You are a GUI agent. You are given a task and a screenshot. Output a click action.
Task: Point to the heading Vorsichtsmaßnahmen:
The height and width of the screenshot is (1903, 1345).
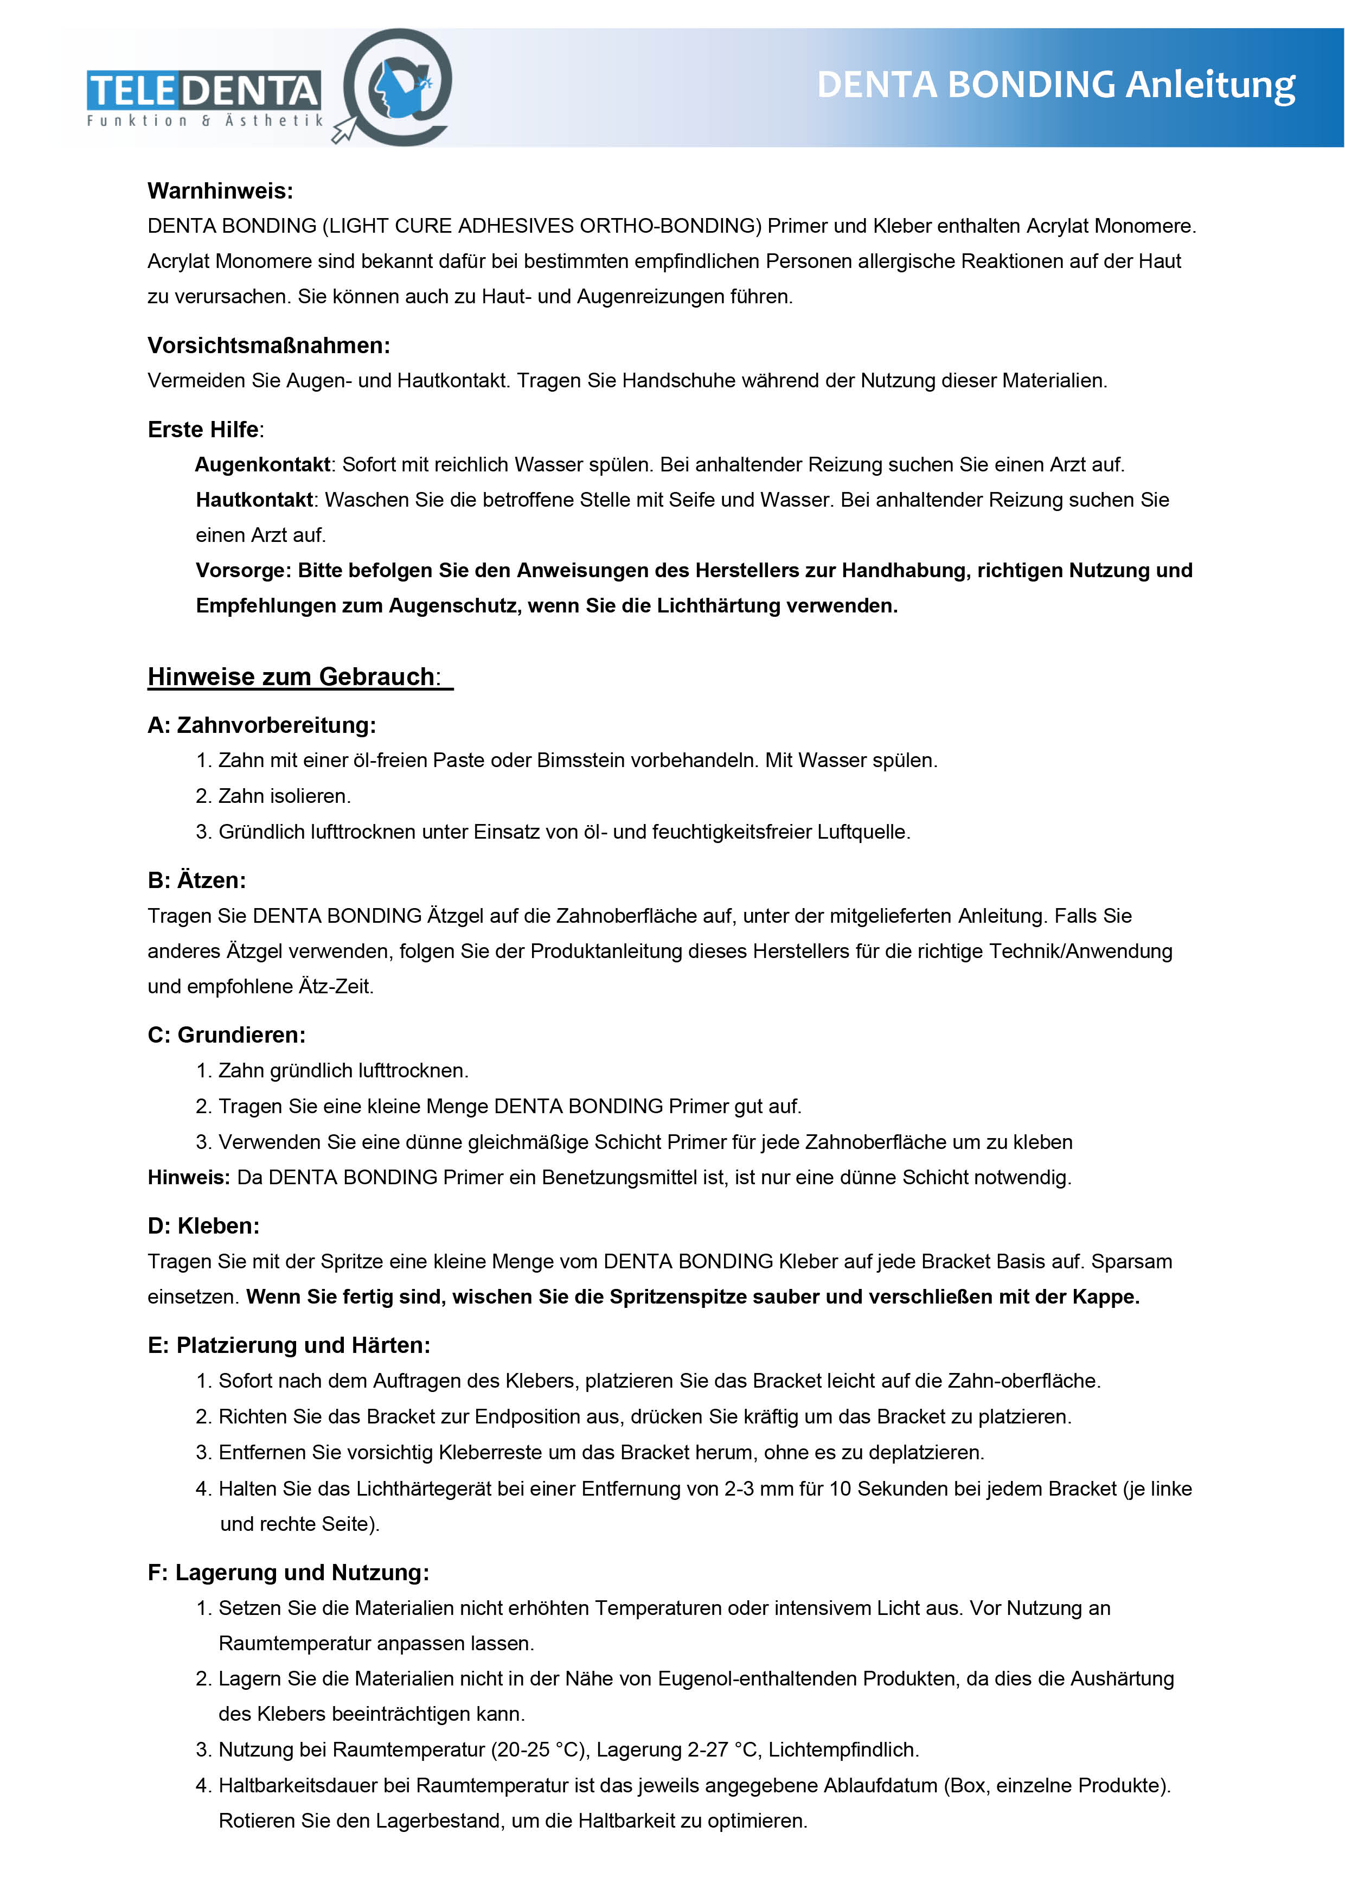click(268, 345)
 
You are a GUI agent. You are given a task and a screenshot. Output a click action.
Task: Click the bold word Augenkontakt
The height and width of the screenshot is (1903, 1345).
click(262, 464)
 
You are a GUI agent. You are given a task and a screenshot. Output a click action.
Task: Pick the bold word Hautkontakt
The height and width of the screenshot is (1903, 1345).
click(254, 500)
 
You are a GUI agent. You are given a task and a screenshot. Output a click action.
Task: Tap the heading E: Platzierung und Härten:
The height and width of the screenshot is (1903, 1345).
click(289, 1345)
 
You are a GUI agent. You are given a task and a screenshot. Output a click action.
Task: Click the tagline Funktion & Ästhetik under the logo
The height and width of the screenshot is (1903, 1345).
click(204, 121)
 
